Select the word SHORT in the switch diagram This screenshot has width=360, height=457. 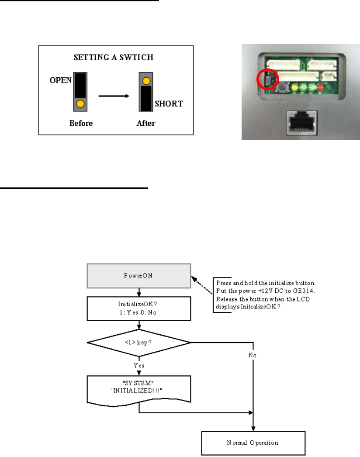coord(168,104)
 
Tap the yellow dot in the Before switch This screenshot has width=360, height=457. coord(80,104)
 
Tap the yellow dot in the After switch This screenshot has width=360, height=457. coord(146,81)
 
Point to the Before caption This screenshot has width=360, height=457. coord(81,123)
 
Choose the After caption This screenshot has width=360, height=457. coord(146,123)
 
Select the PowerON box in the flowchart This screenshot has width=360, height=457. coord(139,276)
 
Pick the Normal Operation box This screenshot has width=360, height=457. coord(253,442)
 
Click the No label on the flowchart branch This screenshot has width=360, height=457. coord(253,355)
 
